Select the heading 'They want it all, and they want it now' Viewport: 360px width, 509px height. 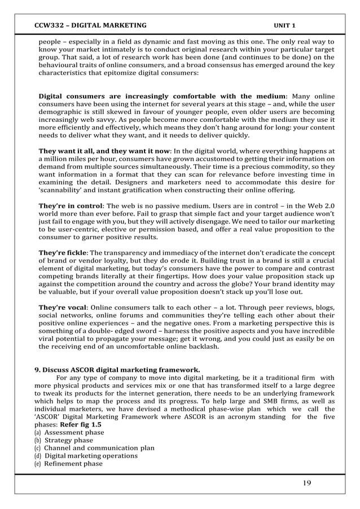pyautogui.click(x=103, y=151)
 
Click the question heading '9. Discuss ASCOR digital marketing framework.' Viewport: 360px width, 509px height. pyautogui.click(x=117, y=370)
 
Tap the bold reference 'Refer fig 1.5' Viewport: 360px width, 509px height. pyautogui.click(x=81, y=424)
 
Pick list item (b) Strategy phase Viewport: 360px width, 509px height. pyautogui.click(x=68, y=440)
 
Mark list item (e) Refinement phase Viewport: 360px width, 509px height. pyautogui.click(x=73, y=463)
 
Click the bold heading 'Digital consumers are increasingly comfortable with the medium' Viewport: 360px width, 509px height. pyautogui.click(x=163, y=96)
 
